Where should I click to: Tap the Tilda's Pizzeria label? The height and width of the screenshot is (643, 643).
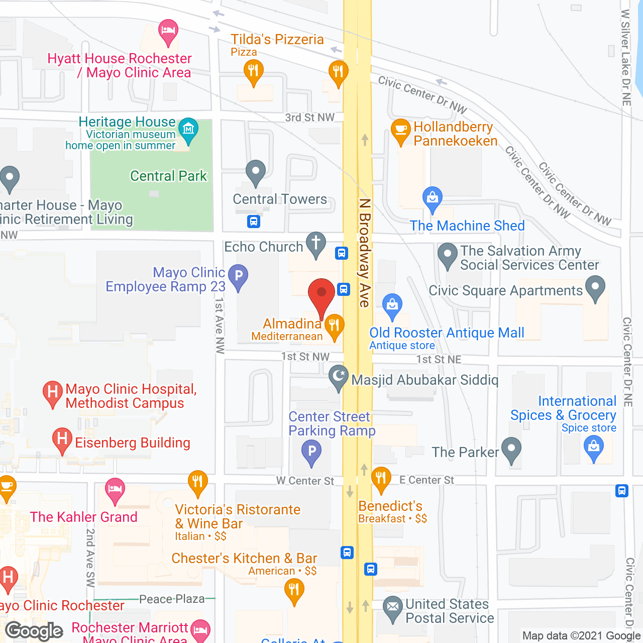tap(277, 40)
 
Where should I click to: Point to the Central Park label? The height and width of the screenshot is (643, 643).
tap(168, 176)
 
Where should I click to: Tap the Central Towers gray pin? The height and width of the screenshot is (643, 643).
tap(256, 172)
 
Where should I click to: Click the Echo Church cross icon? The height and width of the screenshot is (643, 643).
tap(316, 244)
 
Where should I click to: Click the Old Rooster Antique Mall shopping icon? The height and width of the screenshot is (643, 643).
tap(392, 305)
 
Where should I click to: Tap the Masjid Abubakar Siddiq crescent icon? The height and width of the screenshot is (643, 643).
tap(339, 377)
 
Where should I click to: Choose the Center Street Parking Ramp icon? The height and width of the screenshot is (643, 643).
tap(311, 451)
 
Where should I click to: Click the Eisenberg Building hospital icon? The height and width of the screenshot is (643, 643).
tap(62, 440)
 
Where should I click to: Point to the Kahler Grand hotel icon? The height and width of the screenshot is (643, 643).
tap(115, 490)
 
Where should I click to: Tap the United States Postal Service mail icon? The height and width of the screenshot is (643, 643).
tap(393, 608)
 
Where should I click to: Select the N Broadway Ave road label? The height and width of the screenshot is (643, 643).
tap(365, 253)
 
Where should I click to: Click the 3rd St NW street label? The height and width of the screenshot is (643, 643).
tap(309, 118)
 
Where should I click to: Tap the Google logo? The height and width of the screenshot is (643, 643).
tap(34, 631)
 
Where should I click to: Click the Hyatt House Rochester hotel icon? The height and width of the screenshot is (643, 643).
tap(168, 31)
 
